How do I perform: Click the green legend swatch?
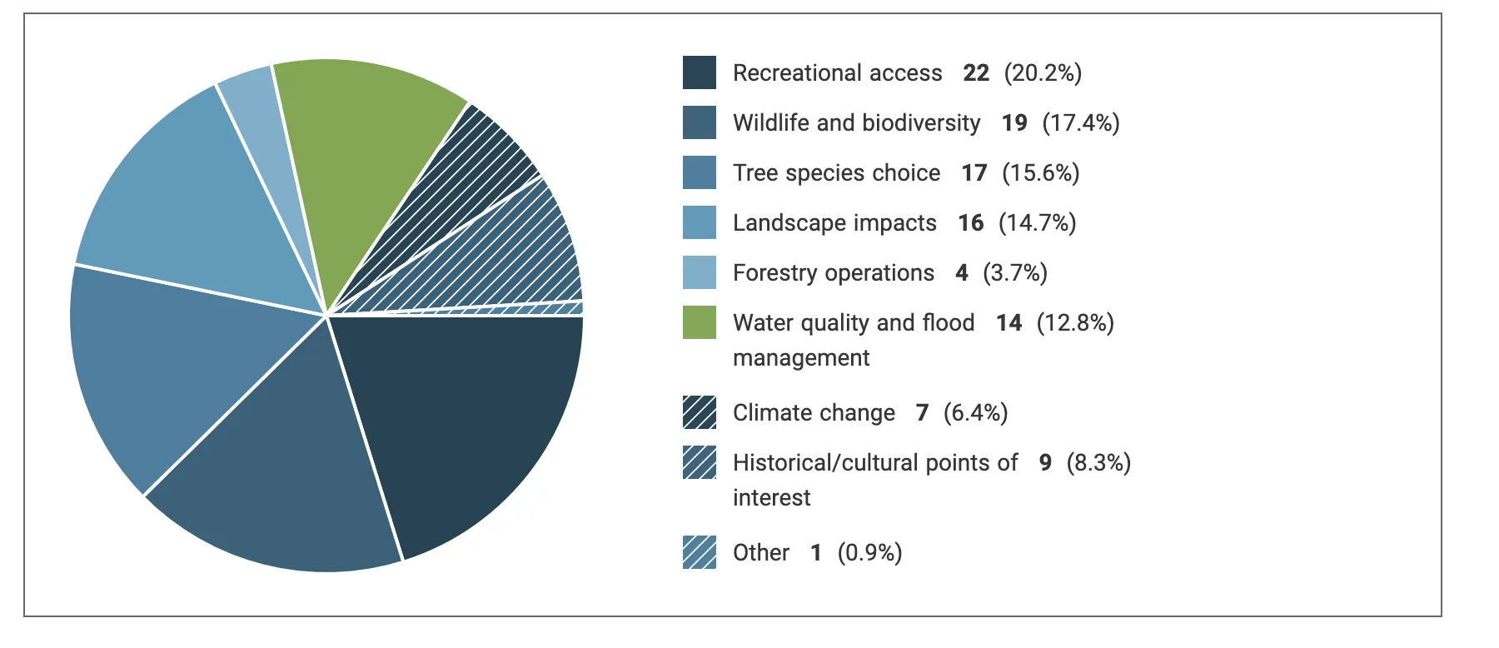pos(699,322)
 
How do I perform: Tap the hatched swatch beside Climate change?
pos(699,412)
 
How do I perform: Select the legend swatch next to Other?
pos(699,552)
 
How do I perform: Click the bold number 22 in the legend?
pos(976,73)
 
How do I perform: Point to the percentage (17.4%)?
pos(1080,123)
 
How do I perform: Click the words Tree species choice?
pos(836,173)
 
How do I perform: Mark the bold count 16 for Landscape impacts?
pos(970,223)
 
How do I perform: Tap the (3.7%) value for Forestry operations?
pos(1014,273)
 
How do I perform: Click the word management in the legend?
pos(800,358)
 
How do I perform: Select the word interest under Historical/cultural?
pos(771,498)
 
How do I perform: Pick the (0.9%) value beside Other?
pos(869,553)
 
